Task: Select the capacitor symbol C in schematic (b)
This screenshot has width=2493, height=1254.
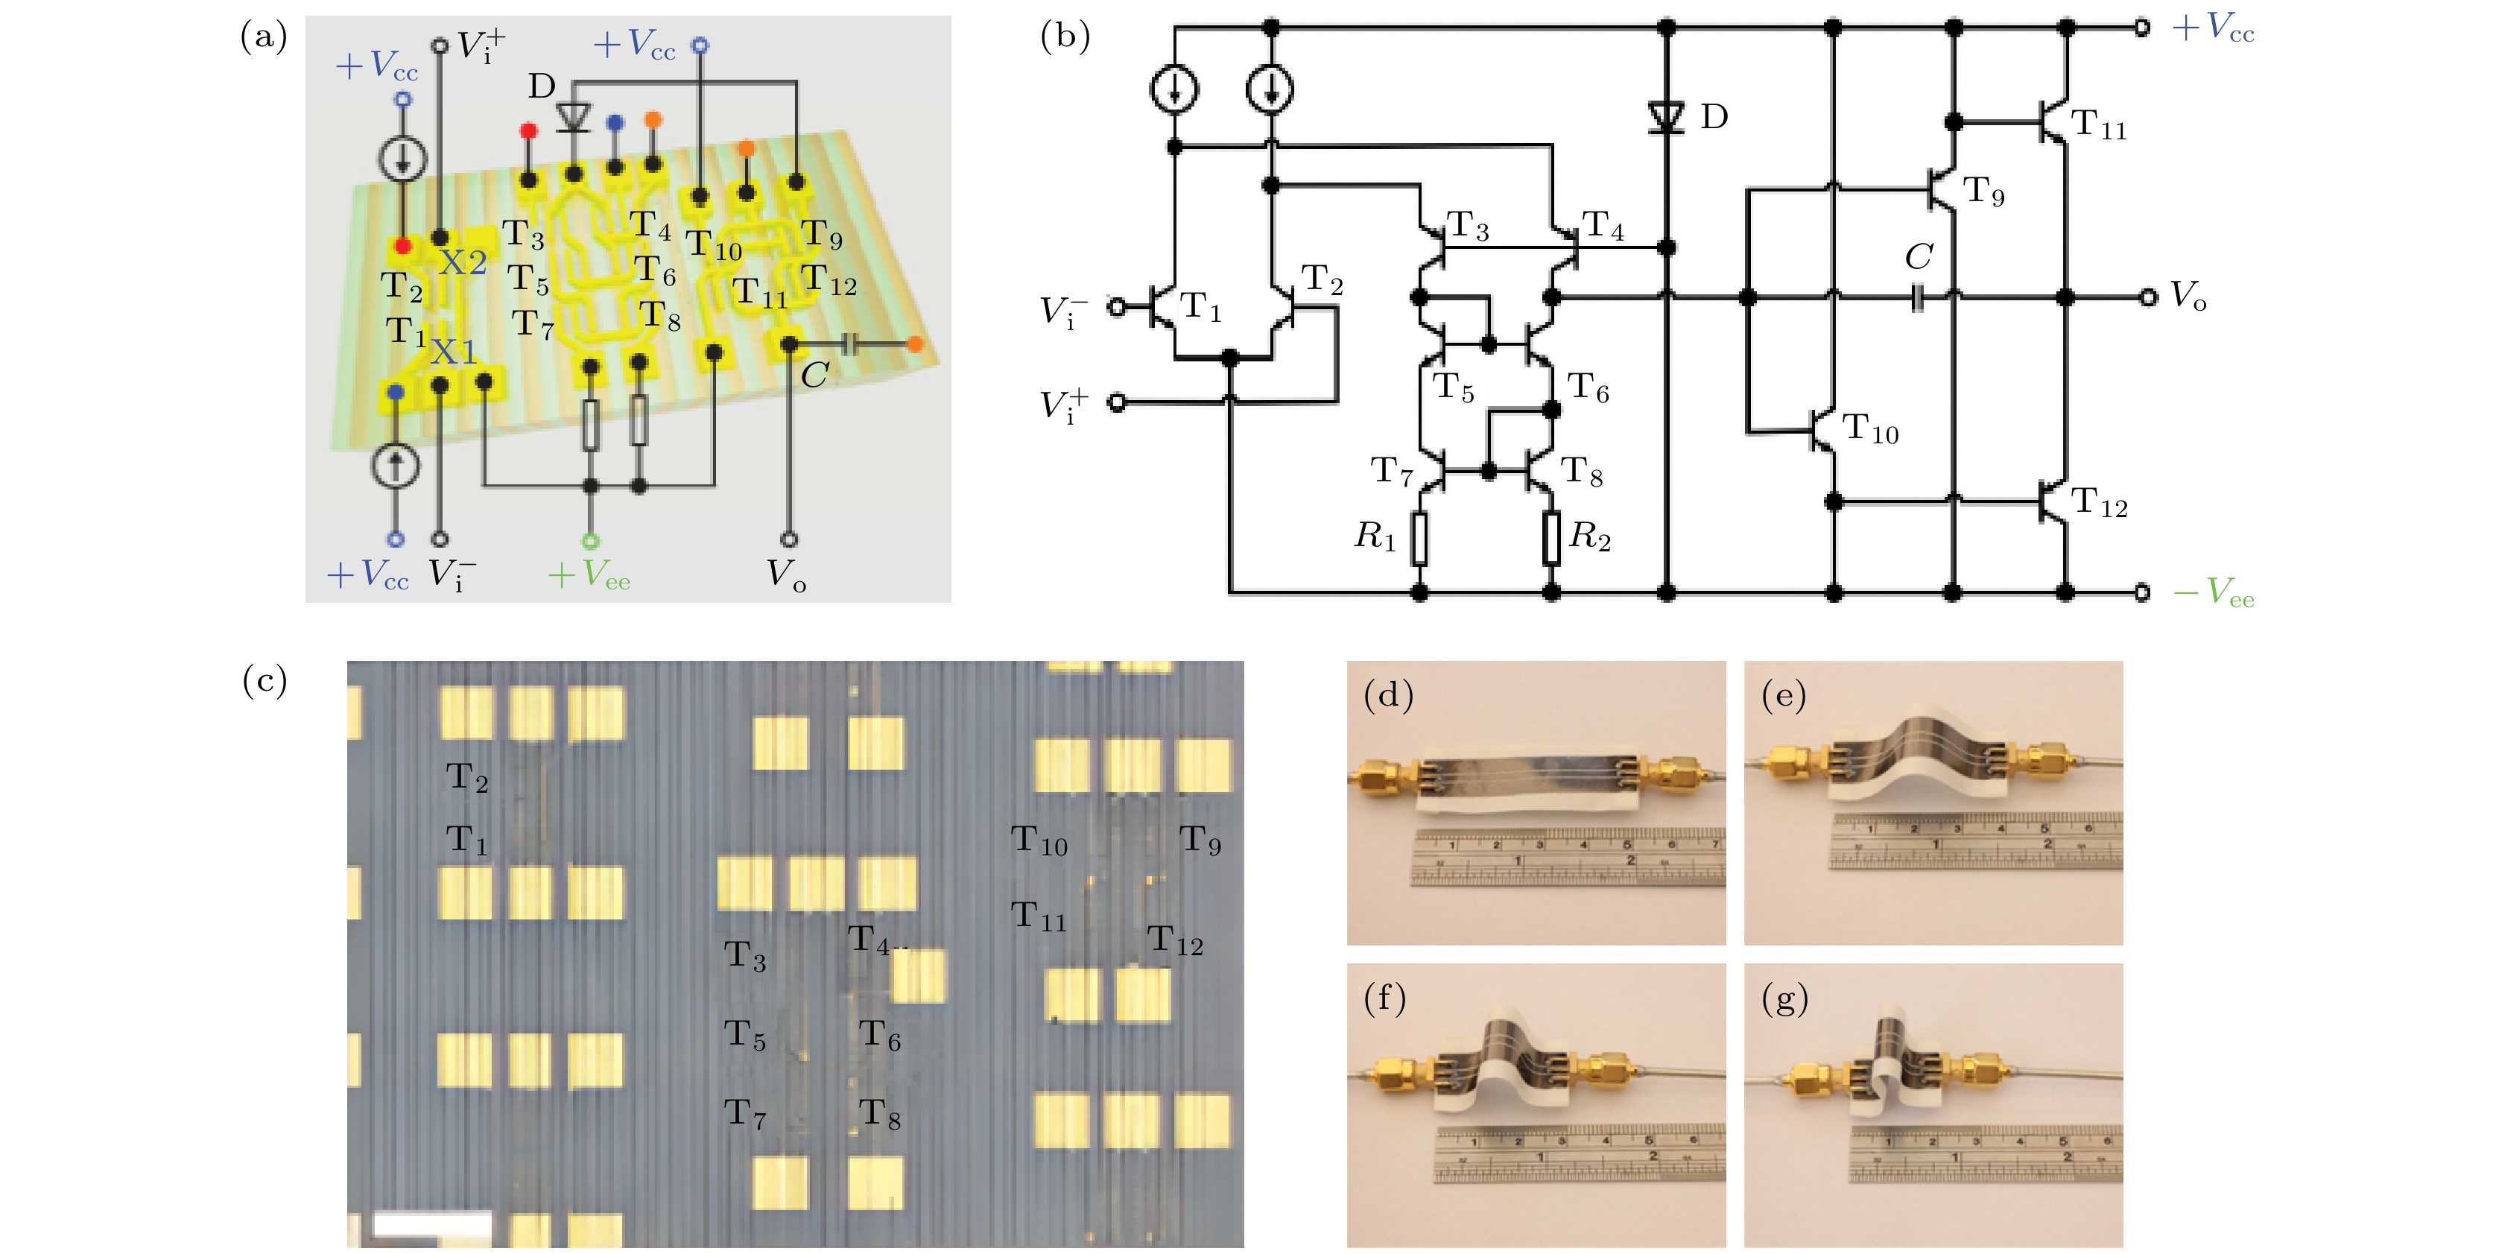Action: point(1918,298)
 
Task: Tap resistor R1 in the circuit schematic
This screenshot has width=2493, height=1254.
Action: point(1419,538)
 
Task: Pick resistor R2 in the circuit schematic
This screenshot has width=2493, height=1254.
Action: point(1550,538)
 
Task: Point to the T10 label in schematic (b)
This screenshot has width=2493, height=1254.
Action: point(1870,428)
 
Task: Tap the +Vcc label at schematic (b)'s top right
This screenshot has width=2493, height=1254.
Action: point(2214,27)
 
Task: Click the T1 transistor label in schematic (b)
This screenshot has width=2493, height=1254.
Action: point(1201,308)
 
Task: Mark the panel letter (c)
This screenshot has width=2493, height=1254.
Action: point(264,681)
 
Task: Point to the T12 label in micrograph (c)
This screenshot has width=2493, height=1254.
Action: point(1175,940)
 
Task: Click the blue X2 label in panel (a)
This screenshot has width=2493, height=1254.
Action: point(462,262)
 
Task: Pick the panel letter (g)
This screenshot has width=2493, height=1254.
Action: point(1784,998)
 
